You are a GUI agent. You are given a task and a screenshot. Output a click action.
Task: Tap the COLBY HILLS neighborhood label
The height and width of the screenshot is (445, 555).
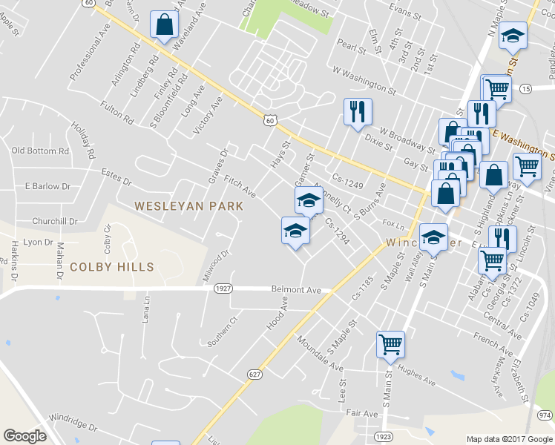(111, 267)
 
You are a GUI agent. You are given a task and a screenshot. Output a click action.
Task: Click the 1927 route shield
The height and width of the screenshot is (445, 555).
(222, 288)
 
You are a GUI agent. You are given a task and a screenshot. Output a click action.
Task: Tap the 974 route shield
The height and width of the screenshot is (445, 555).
(545, 415)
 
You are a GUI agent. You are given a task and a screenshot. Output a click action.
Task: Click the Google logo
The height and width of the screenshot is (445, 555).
(24, 436)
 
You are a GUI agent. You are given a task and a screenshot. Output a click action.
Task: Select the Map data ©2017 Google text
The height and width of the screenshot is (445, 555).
(510, 439)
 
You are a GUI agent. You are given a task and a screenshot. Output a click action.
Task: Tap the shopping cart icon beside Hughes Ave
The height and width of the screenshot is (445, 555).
(390, 343)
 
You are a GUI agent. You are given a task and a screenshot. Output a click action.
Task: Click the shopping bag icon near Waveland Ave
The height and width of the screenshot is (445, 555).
(163, 24)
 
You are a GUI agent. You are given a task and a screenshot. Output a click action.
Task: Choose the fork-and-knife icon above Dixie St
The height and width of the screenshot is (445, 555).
(358, 111)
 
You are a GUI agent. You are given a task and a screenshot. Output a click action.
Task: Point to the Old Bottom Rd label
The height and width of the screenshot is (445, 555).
(40, 151)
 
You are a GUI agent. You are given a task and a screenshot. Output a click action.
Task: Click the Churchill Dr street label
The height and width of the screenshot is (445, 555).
(55, 221)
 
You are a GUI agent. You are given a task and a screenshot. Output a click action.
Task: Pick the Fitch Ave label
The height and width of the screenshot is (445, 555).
(240, 186)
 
